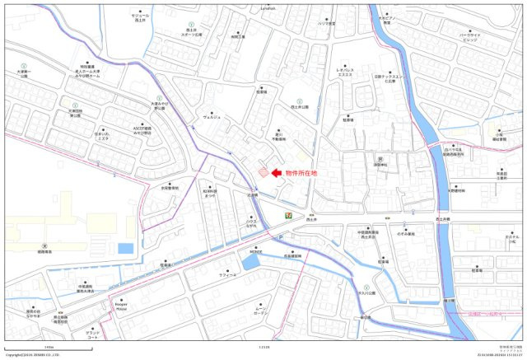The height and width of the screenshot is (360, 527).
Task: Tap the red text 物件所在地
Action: click(301, 173)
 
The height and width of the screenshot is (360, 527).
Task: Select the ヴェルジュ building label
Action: click(211, 116)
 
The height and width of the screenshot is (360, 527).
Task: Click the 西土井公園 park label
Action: click(300, 107)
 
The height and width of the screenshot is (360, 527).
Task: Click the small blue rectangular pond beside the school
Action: click(124, 247)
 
